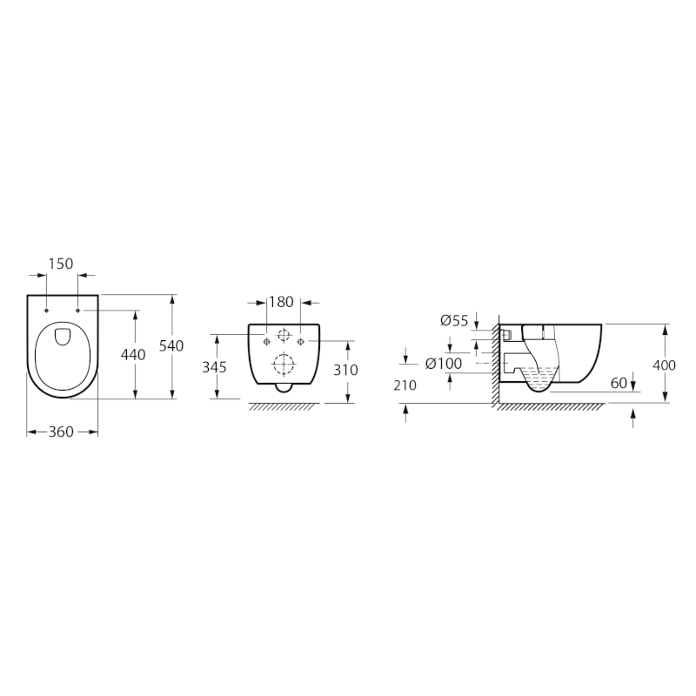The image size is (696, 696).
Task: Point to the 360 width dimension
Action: coord(62,432)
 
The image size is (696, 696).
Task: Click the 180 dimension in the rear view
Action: coord(282,303)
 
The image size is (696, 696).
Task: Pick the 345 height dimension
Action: coord(214,367)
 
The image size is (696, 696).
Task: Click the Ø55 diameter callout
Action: coord(454,321)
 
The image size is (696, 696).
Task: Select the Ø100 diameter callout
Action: coord(443,364)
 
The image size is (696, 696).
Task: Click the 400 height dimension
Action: coord(664,365)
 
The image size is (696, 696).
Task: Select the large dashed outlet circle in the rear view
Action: coord(284,365)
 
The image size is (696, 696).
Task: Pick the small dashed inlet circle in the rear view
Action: coord(284,336)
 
